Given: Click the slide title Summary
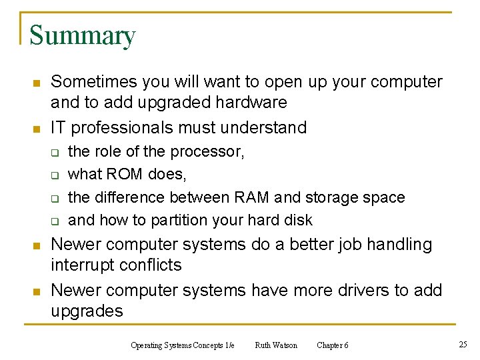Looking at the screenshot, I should point(83,35).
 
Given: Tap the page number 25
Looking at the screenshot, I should point(463,344).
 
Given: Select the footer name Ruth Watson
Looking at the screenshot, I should point(276,345).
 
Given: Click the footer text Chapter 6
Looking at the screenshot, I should point(332,345).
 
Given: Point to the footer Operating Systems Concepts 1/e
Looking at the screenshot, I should point(183,345).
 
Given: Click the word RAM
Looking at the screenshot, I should point(252,197).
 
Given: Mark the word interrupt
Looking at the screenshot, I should point(81,265).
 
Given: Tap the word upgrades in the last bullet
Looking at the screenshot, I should point(87,311).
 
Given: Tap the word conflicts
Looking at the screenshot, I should point(151,265).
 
